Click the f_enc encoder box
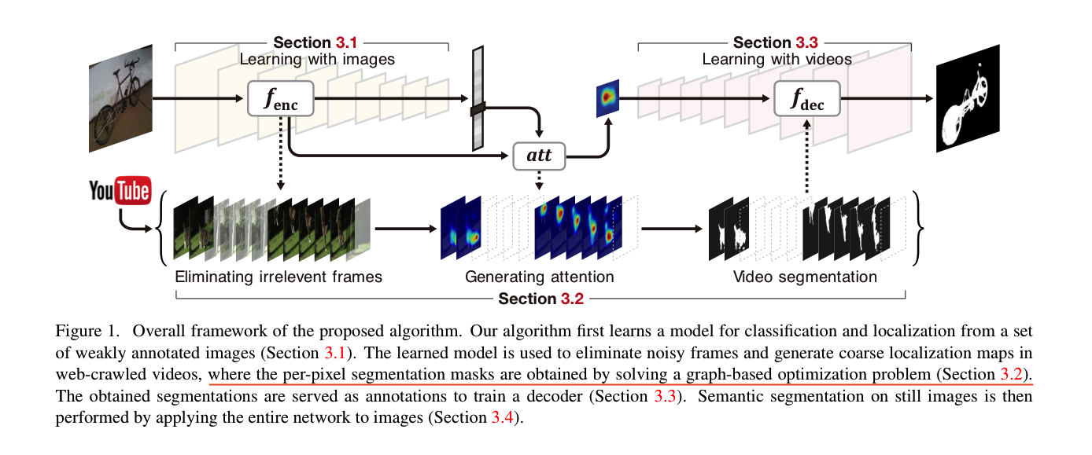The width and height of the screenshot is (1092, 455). (280, 98)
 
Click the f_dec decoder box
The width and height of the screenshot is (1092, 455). (807, 98)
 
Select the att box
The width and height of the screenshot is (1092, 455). (539, 156)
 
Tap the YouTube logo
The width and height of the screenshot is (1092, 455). (120, 190)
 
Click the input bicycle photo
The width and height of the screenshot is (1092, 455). (120, 98)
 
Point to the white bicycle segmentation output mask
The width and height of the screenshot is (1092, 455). (968, 98)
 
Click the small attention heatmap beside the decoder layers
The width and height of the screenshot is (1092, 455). (607, 98)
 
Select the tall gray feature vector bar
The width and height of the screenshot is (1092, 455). (478, 98)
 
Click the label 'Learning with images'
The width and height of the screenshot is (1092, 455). (317, 60)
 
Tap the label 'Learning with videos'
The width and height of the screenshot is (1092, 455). (777, 60)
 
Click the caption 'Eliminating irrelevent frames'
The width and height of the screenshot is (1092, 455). (279, 277)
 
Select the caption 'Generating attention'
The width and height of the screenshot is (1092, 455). (539, 277)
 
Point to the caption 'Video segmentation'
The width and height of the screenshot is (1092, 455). (805, 277)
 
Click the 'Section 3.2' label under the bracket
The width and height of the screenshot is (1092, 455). (540, 299)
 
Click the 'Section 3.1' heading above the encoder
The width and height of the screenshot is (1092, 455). (315, 42)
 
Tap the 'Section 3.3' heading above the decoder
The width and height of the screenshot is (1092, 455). (775, 42)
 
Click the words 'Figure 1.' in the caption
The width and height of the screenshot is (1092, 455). (87, 331)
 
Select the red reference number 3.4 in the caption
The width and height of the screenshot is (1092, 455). (502, 417)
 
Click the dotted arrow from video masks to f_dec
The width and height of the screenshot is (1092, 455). (807, 156)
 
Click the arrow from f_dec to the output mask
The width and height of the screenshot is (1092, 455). (887, 98)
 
